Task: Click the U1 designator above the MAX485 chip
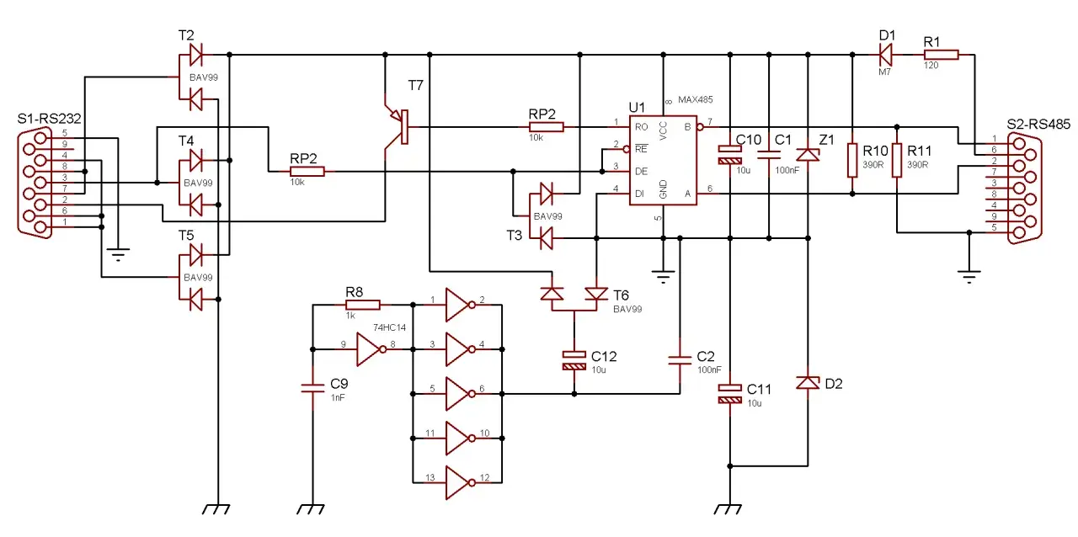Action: (x=637, y=107)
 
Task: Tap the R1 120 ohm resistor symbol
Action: (x=942, y=55)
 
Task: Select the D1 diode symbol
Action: (x=885, y=55)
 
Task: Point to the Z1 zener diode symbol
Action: (x=808, y=155)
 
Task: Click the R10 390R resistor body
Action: (x=852, y=160)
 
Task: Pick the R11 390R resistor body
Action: (x=897, y=160)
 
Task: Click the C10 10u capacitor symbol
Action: (x=730, y=155)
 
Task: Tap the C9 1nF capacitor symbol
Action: (x=312, y=388)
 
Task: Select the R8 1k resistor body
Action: (x=363, y=305)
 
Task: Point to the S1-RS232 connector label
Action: (x=49, y=119)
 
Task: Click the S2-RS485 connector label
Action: (x=1038, y=124)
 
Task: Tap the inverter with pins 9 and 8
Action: (x=371, y=349)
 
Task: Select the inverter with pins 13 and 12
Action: (x=461, y=482)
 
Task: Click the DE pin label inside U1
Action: (x=641, y=172)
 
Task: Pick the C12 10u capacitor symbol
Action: (x=574, y=361)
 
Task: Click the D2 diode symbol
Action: (x=808, y=382)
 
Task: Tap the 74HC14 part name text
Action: (x=389, y=327)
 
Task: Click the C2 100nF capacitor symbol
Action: (x=680, y=360)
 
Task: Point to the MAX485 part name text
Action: (x=696, y=100)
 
